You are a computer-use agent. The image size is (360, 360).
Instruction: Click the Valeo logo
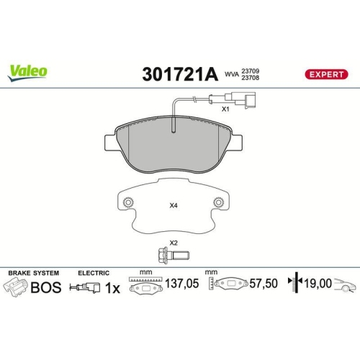[28, 70]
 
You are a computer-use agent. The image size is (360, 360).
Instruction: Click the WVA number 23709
[250, 69]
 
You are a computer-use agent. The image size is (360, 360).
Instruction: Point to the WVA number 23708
[250, 78]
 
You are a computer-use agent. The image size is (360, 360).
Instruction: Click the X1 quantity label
[225, 109]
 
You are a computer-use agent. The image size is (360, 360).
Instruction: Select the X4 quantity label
[173, 206]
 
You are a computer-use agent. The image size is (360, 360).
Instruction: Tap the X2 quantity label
[174, 243]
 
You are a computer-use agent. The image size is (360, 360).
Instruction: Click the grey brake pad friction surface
[173, 148]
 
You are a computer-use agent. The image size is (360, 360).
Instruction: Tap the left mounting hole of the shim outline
[127, 204]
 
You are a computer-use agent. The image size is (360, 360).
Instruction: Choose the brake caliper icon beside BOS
[17, 287]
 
